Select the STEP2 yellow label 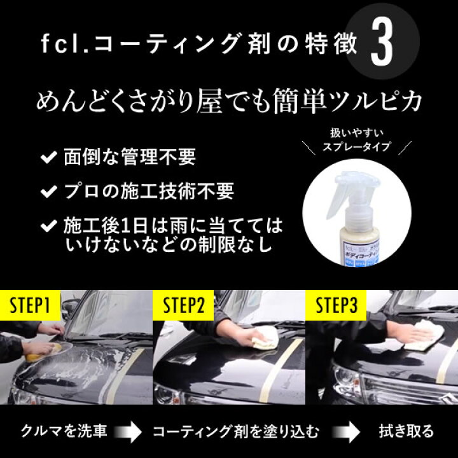[184, 306]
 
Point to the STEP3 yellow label [337, 306]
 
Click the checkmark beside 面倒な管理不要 [47, 157]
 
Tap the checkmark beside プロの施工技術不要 [47, 191]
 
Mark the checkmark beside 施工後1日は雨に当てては [47, 226]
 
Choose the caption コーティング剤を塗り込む [235, 431]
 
